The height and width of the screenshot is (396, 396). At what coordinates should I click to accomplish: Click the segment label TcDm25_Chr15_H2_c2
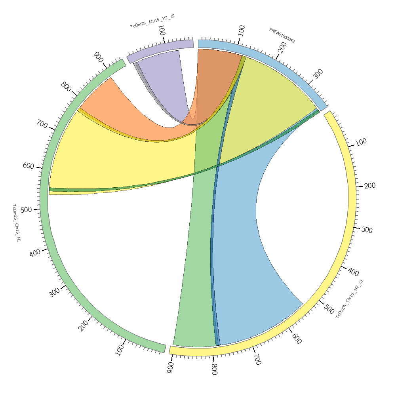152,21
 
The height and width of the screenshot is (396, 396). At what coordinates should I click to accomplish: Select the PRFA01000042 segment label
282,35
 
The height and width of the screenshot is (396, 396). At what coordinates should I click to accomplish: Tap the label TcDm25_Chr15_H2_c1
349,299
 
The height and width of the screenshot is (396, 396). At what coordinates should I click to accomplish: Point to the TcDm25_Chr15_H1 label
16,223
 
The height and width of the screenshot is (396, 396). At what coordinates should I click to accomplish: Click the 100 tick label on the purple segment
162,30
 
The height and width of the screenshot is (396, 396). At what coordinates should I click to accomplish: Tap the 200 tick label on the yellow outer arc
370,186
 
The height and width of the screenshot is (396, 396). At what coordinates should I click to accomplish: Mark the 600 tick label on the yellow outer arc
297,339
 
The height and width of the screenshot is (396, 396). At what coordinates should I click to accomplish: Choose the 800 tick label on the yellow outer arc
214,369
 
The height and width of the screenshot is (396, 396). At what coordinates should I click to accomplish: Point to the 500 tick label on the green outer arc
26,210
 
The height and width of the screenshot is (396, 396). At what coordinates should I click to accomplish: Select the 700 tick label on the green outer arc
42,124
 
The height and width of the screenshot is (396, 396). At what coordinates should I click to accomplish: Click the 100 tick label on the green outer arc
120,350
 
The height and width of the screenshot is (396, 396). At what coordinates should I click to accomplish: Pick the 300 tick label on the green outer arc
55,292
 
